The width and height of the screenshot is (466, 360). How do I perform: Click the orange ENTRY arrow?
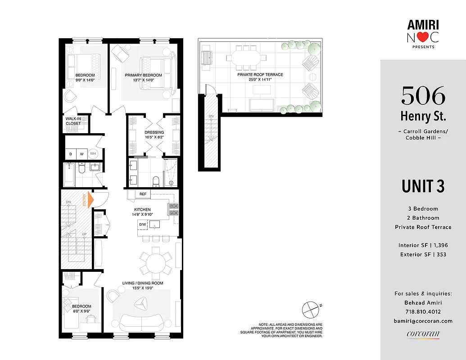click(x=90, y=199)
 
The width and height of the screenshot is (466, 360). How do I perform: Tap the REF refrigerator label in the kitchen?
click(x=143, y=194)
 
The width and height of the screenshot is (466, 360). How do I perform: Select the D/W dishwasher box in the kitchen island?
click(x=143, y=224)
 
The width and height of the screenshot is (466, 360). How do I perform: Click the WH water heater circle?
click(x=93, y=153)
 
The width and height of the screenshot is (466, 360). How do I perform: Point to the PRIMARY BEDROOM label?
click(x=143, y=75)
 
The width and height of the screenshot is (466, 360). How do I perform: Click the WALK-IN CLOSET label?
click(x=73, y=121)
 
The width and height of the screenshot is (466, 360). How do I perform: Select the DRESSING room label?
click(x=154, y=132)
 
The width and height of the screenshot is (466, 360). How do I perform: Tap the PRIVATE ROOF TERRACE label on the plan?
click(x=260, y=75)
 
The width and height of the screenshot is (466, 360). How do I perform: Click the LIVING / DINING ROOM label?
click(x=143, y=283)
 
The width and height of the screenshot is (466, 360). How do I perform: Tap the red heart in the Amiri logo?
click(x=421, y=38)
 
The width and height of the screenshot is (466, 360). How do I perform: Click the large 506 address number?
click(x=423, y=95)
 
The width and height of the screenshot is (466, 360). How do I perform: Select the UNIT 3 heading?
click(x=423, y=186)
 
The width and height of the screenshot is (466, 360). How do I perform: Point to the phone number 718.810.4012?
click(x=423, y=312)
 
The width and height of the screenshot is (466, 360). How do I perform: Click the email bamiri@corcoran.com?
click(x=423, y=321)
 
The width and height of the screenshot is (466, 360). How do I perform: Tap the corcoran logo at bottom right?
click(x=423, y=334)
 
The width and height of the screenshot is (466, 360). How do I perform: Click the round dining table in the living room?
click(x=155, y=261)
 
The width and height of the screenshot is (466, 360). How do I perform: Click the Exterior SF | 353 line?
click(x=423, y=255)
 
